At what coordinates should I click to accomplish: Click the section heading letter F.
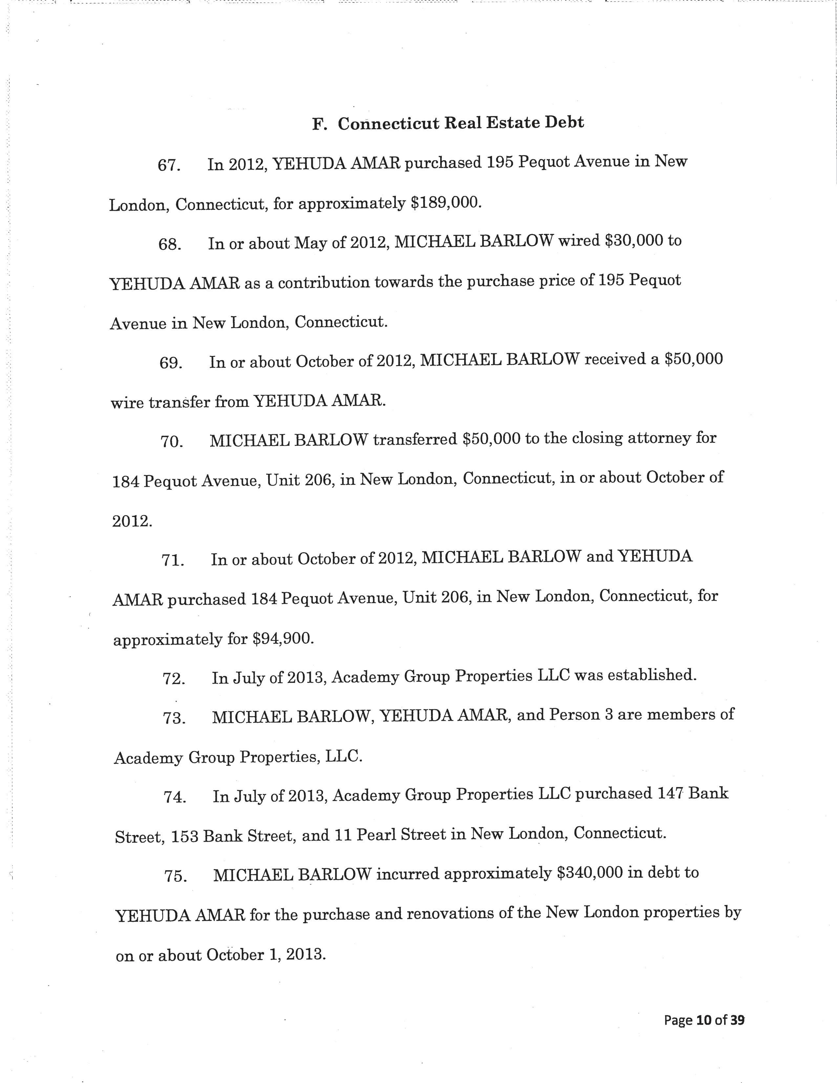(319, 124)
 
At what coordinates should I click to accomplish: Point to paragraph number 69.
(171, 363)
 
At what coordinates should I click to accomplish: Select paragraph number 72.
(174, 678)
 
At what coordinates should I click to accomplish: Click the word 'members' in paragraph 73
(679, 715)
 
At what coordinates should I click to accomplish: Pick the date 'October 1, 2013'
(265, 955)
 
